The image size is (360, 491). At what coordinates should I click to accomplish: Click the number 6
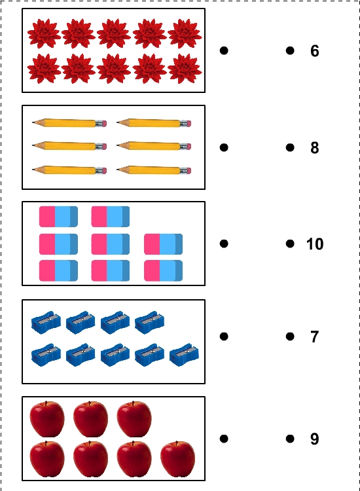click(x=315, y=50)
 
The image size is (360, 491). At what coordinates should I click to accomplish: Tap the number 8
click(x=315, y=147)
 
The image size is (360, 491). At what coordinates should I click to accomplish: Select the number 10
click(x=315, y=244)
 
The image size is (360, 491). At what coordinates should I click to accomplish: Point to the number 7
click(x=315, y=336)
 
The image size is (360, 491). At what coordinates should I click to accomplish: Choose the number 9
click(x=315, y=439)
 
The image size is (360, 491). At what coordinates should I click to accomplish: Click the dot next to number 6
click(x=290, y=50)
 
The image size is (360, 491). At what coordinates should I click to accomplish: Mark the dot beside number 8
click(x=290, y=147)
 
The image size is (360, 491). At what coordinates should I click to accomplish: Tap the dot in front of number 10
click(x=290, y=244)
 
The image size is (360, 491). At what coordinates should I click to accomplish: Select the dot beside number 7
click(x=290, y=336)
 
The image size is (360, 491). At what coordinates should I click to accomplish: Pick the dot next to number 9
click(x=290, y=439)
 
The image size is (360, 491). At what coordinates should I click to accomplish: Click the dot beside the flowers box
click(x=224, y=50)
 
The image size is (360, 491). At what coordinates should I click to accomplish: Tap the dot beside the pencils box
click(x=224, y=147)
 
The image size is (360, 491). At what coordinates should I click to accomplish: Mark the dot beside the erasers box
click(x=224, y=244)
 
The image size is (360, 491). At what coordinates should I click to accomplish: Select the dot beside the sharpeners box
click(x=224, y=336)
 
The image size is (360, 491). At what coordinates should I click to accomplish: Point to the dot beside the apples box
click(x=224, y=439)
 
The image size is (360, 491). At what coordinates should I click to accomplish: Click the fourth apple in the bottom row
click(x=177, y=458)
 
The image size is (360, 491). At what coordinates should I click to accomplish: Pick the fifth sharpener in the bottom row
click(x=184, y=355)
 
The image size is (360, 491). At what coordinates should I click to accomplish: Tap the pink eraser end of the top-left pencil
click(x=105, y=123)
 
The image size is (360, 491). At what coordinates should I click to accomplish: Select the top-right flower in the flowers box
click(x=185, y=33)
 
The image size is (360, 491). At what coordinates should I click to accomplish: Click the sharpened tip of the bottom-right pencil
click(x=117, y=170)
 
